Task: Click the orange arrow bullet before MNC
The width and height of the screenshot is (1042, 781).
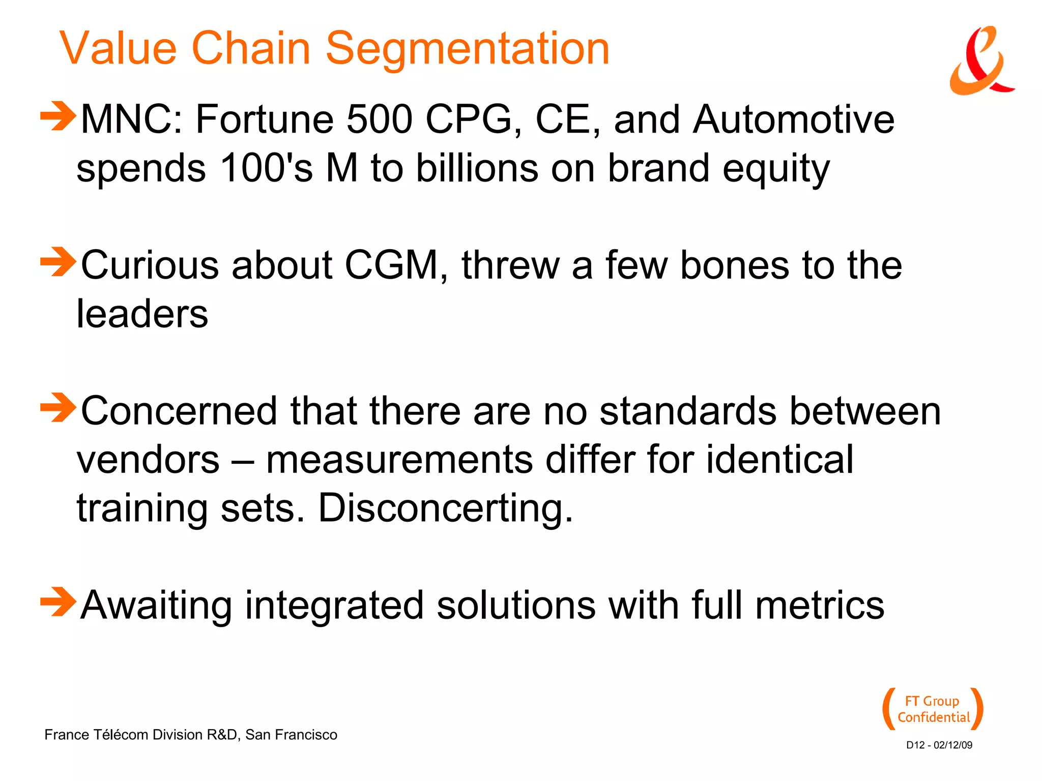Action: [x=58, y=116]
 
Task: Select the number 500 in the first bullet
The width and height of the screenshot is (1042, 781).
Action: [x=379, y=120]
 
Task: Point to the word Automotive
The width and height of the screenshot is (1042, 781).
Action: [x=793, y=120]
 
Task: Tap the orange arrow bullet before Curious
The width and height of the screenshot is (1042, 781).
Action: [x=58, y=262]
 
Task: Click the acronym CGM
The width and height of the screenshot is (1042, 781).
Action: [x=392, y=265]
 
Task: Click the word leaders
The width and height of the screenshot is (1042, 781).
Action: [x=142, y=314]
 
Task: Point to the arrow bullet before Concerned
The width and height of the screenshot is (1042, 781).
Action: [x=58, y=408]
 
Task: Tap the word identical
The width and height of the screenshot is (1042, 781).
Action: [x=779, y=460]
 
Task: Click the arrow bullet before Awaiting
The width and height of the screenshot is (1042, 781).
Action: [x=58, y=602]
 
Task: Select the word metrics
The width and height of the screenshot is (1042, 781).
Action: [x=820, y=606]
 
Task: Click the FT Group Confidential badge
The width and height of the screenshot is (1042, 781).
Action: [x=933, y=709]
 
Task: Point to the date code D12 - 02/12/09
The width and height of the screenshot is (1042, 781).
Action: [x=939, y=745]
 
